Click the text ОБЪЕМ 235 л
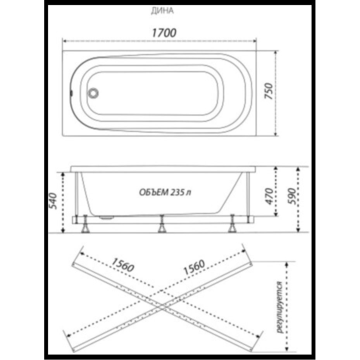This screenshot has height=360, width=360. (165, 192)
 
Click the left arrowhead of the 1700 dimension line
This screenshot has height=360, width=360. (65, 41)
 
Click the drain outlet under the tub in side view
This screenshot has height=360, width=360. (105, 217)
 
